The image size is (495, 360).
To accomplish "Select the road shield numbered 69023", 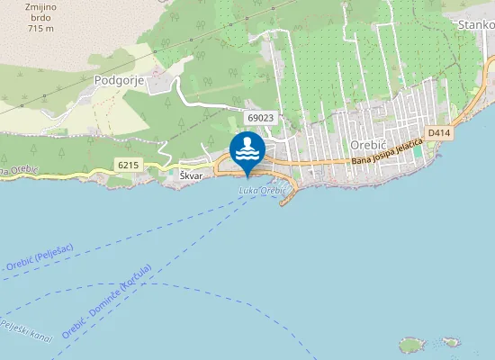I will [x=259, y=118].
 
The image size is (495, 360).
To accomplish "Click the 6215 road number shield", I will [x=129, y=165].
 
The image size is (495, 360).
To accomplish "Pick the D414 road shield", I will [x=439, y=134].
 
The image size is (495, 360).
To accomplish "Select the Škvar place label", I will [x=190, y=176].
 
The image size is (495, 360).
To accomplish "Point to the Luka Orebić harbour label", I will [x=262, y=191].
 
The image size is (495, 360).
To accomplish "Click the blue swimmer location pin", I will [x=247, y=149].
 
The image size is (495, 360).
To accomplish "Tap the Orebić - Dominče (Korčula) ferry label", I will [x=106, y=301].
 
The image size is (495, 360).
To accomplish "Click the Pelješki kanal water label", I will [x=27, y=328].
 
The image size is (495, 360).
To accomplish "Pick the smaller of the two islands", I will [x=449, y=342].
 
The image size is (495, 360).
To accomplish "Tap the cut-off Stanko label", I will [x=475, y=25].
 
